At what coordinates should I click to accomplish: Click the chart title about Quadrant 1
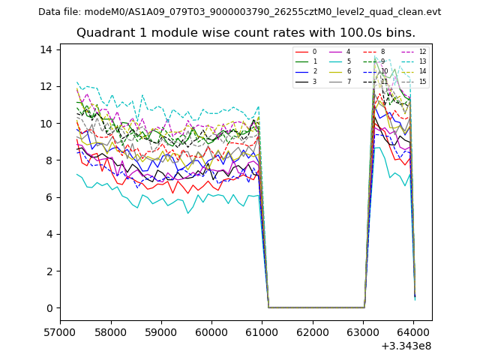(246, 33)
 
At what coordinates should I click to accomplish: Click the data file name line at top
(240, 12)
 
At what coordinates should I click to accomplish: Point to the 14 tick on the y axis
(46, 49)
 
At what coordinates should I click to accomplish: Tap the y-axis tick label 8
(49, 160)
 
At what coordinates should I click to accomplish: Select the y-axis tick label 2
(49, 271)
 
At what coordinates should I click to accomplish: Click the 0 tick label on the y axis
(49, 307)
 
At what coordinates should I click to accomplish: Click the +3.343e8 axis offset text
(405, 346)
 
